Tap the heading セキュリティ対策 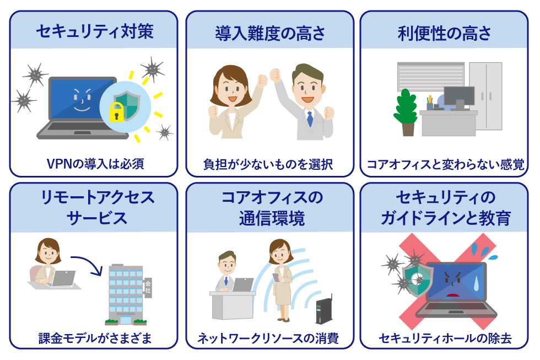click(x=95, y=31)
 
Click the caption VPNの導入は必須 click(x=95, y=164)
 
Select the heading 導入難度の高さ click(x=271, y=34)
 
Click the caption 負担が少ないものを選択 click(x=268, y=164)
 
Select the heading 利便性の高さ click(x=444, y=34)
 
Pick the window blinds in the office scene click(x=431, y=77)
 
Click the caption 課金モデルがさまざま click(x=95, y=338)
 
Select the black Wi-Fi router click(x=324, y=310)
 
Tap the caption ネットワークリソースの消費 click(x=268, y=338)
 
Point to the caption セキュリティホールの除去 click(x=445, y=338)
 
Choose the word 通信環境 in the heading click(x=272, y=218)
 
